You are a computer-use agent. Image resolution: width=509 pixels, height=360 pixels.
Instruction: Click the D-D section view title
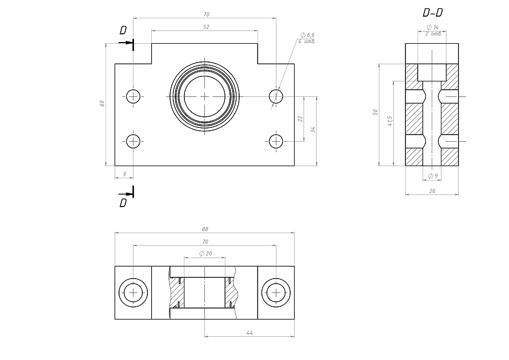[432, 13]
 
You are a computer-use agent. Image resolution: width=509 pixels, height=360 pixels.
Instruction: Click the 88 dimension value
[205, 229]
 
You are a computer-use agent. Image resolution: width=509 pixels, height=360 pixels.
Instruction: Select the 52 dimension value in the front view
[205, 27]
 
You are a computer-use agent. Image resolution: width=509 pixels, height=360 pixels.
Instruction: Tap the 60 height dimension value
[102, 104]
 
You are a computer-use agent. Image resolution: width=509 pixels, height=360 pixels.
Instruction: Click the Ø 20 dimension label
[205, 254]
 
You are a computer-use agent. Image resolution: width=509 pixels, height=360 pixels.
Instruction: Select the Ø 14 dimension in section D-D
[432, 27]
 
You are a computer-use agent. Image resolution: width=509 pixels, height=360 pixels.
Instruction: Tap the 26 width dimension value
[432, 191]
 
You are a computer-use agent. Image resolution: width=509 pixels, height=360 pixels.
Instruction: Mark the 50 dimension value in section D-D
[375, 112]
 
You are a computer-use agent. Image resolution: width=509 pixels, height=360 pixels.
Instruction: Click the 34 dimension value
[313, 130]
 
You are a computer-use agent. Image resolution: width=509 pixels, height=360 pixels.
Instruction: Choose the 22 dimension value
[300, 119]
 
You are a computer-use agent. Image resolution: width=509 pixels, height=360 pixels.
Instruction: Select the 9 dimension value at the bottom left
[124, 174]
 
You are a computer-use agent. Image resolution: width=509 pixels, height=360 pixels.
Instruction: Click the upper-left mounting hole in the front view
[133, 96]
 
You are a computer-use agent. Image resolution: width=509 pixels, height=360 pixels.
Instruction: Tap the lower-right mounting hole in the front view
[276, 141]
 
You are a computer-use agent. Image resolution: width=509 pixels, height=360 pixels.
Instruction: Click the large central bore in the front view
[205, 96]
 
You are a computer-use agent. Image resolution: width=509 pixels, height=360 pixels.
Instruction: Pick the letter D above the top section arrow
[123, 30]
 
